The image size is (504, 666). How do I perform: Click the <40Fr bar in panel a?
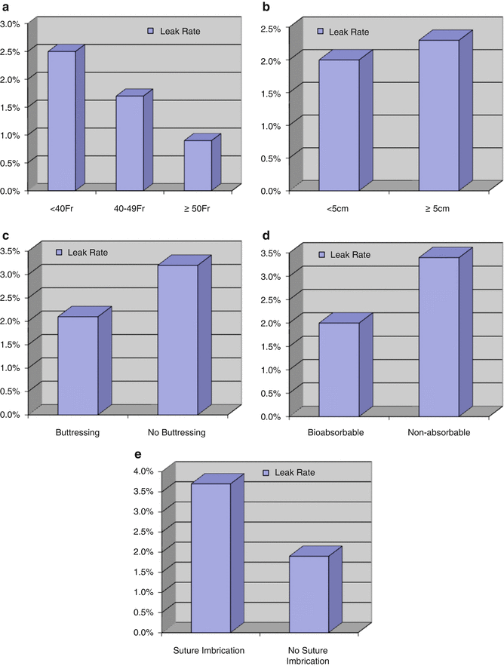click(x=61, y=121)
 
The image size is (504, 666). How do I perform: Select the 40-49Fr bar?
click(x=129, y=143)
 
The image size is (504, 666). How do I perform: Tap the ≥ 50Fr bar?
click(x=198, y=165)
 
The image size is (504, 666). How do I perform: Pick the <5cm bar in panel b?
click(x=339, y=124)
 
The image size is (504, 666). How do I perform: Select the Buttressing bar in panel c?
click(x=78, y=365)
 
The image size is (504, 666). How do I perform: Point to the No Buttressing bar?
click(x=178, y=339)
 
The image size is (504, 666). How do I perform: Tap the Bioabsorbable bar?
click(x=339, y=368)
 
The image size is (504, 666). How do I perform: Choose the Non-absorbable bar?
click(x=439, y=336)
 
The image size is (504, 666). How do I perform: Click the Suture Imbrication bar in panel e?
click(x=211, y=557)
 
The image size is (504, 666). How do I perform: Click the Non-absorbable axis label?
click(x=442, y=434)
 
